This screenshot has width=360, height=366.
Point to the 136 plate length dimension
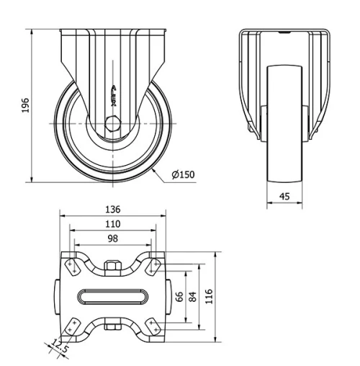click(112, 209)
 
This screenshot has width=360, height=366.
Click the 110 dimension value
click(112, 225)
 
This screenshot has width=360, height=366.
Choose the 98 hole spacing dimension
click(112, 239)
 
